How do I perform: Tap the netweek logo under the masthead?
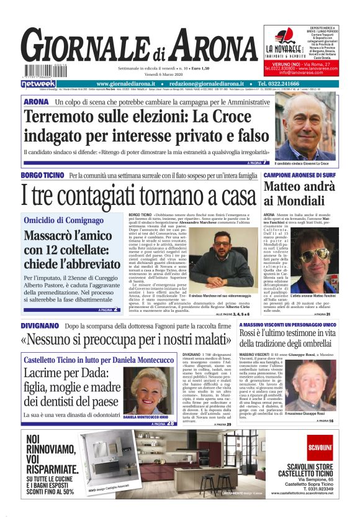[38, 83]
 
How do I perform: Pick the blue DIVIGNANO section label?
[40, 325]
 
